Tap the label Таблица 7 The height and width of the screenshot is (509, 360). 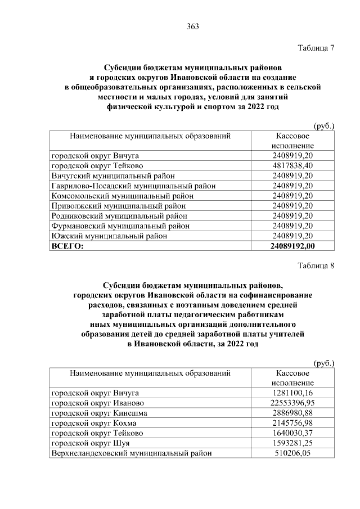pyautogui.click(x=315, y=48)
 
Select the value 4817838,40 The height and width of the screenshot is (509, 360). pyautogui.click(x=292, y=165)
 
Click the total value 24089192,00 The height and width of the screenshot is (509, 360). pyautogui.click(x=292, y=246)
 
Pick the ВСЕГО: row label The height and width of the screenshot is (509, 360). pyautogui.click(x=67, y=246)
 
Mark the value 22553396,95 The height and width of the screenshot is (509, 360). pyautogui.click(x=292, y=403)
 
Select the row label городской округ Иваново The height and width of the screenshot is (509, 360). pyautogui.click(x=98, y=403)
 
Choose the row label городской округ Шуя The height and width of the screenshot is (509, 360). pyautogui.click(x=91, y=443)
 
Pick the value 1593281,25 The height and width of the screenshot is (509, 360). pyautogui.click(x=292, y=443)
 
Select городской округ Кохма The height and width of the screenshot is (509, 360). pyautogui.click(x=94, y=423)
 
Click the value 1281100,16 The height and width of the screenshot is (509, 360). pyautogui.click(x=292, y=393)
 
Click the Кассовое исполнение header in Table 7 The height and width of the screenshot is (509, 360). pyautogui.click(x=292, y=141)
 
